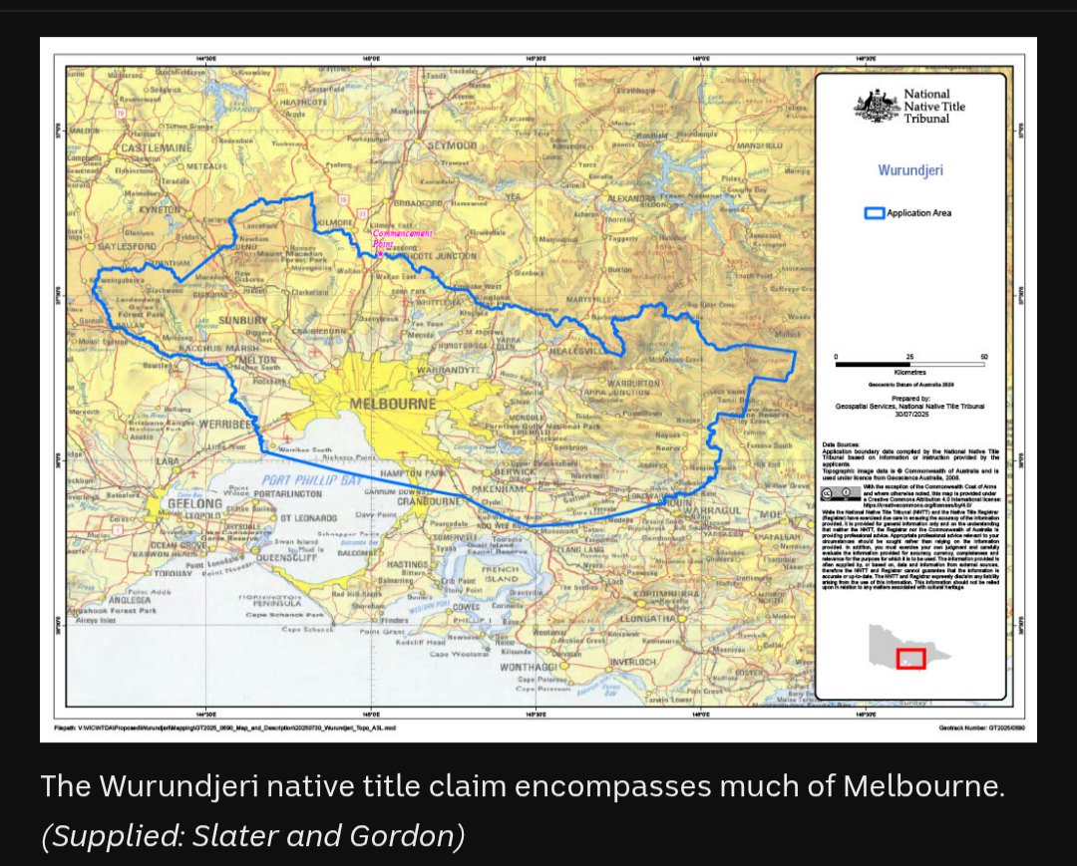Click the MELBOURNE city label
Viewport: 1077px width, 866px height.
pos(394,404)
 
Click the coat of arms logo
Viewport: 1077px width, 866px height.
pos(875,106)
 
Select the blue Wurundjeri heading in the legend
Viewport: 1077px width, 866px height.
pos(910,170)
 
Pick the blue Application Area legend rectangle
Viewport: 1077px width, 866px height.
pos(874,213)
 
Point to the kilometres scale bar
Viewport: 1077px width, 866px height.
pos(909,365)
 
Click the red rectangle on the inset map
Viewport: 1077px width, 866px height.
pos(910,659)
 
